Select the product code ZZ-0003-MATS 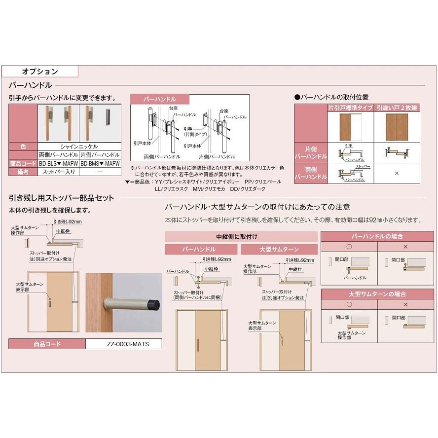(x=123, y=344)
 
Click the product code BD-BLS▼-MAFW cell (x=59, y=163)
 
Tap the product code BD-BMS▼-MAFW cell (x=100, y=163)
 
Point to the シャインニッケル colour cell (x=79, y=146)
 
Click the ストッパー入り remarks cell (x=59, y=171)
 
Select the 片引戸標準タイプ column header (x=350, y=108)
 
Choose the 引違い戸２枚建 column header (x=397, y=108)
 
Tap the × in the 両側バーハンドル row (x=397, y=174)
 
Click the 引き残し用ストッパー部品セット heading (x=62, y=198)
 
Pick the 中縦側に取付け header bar (x=240, y=237)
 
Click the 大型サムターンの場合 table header (x=377, y=294)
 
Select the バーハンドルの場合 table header (x=377, y=236)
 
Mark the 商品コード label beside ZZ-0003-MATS (x=47, y=344)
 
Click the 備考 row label (x=23, y=171)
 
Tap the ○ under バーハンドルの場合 (x=349, y=246)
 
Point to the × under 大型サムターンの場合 (x=405, y=304)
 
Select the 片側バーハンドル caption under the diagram (x=218, y=156)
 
